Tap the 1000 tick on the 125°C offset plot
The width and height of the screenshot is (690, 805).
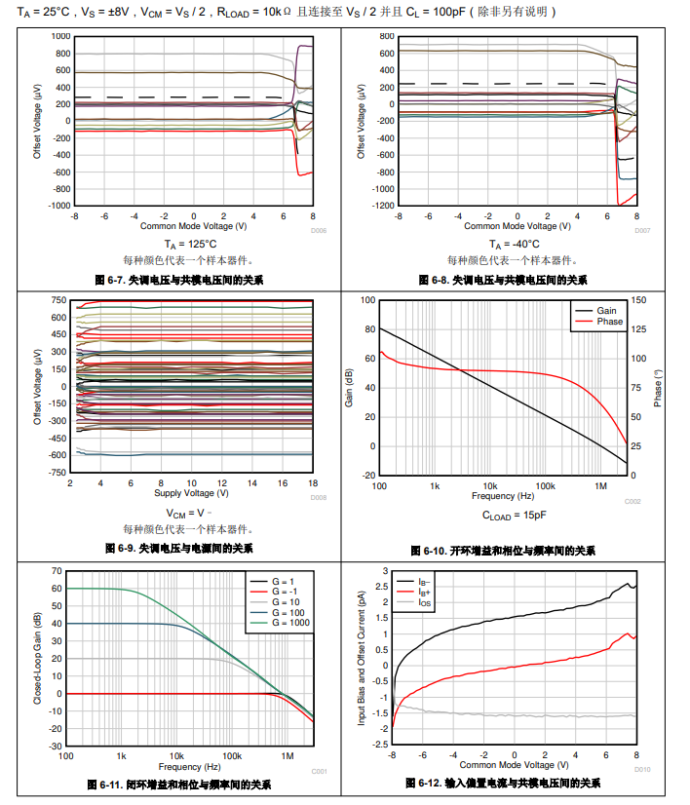[61, 36]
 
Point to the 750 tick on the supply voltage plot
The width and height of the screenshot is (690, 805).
[57, 300]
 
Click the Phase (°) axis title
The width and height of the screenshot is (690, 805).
[659, 387]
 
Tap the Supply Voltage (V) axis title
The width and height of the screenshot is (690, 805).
[191, 492]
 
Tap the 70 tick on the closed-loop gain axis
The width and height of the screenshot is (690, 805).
[57, 570]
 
